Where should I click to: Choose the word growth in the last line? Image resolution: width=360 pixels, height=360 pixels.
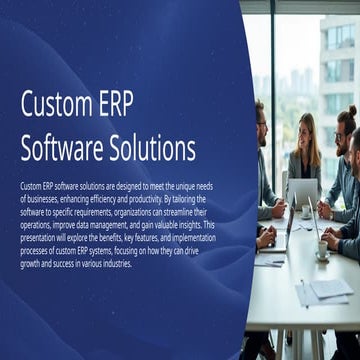click(32, 264)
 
